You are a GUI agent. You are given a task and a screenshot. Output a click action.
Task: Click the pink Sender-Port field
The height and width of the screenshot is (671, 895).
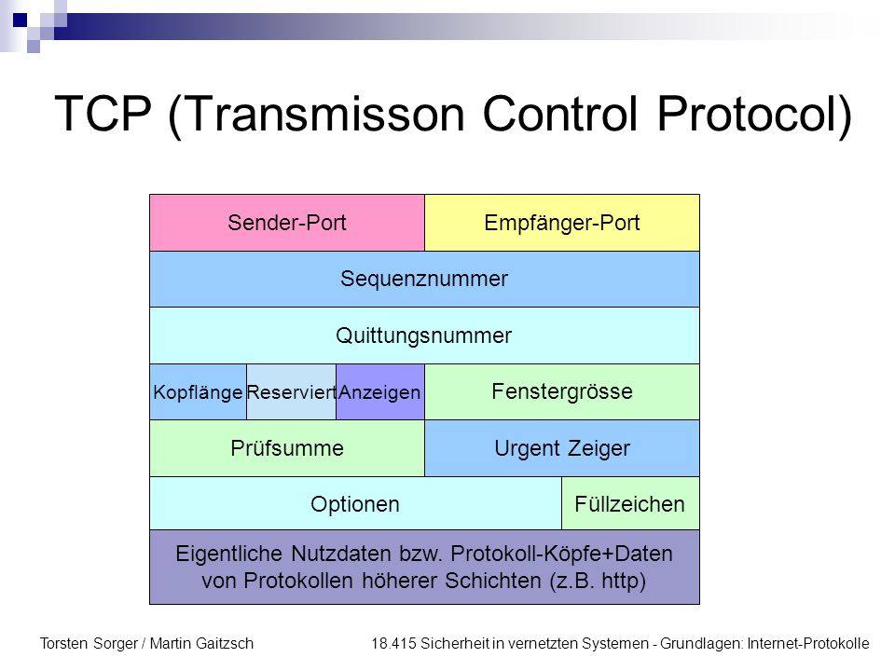point(287,223)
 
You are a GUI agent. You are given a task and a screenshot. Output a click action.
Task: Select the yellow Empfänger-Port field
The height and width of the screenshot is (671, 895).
point(562,223)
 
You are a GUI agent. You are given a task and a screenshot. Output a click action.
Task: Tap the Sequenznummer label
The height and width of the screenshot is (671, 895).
point(424,279)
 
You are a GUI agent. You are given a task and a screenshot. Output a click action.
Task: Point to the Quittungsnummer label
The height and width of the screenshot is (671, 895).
point(423,335)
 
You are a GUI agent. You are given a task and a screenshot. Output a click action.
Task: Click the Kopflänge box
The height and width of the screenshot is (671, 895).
point(198,392)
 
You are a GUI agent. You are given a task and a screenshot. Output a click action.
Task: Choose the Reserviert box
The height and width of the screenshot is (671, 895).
point(291,392)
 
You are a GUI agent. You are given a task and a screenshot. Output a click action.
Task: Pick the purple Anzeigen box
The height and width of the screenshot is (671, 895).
point(380,392)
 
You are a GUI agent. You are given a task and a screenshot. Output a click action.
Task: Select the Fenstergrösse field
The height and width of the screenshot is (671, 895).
point(562,392)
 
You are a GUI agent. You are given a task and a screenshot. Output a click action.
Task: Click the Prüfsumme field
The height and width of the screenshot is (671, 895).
point(287,448)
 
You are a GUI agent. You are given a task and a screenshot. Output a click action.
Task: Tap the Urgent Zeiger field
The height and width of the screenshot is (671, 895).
point(562,448)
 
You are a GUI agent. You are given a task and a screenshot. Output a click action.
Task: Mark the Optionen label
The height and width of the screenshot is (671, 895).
point(355,504)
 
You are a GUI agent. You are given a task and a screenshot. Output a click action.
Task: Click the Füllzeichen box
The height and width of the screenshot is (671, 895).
point(631,503)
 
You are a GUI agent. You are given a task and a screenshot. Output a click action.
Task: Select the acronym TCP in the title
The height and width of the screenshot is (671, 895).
point(103,114)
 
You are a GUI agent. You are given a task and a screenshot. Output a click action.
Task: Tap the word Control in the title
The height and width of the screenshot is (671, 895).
point(560,114)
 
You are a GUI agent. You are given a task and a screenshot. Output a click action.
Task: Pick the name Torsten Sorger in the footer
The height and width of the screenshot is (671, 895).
point(89,644)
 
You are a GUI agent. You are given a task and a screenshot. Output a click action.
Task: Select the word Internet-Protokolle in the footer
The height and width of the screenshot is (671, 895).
point(808,644)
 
